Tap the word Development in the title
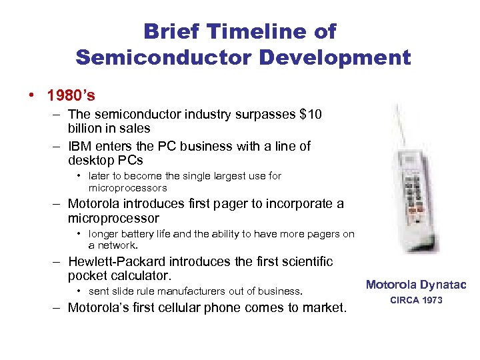[335, 57]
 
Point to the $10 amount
[310, 115]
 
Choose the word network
[117, 245]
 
